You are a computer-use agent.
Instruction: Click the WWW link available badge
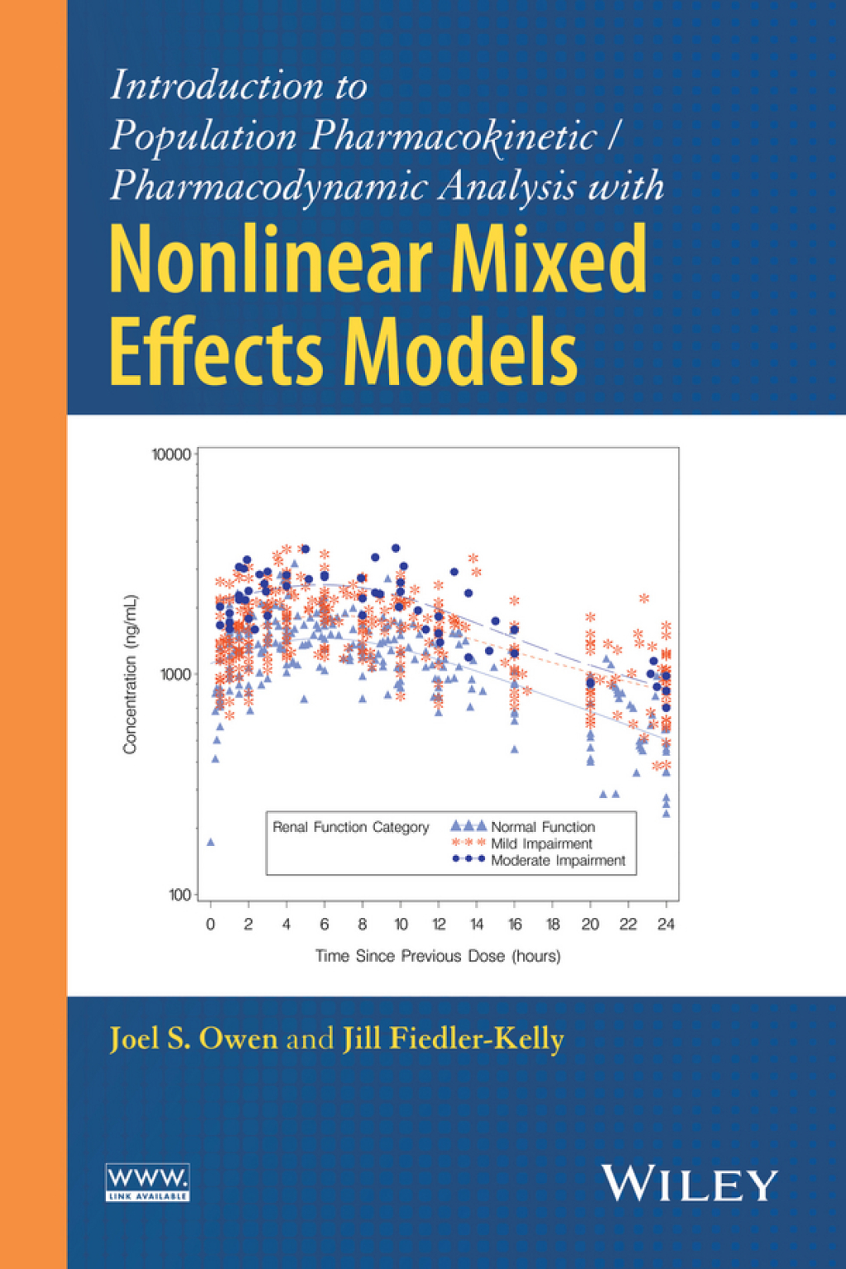click(148, 1182)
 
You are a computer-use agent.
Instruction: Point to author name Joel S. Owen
click(193, 1038)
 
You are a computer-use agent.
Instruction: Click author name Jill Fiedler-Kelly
click(454, 1038)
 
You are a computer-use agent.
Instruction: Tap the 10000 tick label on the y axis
click(171, 454)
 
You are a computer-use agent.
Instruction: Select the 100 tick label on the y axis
click(178, 895)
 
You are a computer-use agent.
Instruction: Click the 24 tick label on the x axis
click(666, 924)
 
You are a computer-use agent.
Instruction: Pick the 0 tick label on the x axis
click(211, 924)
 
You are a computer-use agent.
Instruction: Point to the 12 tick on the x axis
click(439, 924)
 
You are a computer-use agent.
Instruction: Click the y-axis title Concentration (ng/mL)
click(130, 674)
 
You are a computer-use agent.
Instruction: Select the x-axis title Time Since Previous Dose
click(438, 956)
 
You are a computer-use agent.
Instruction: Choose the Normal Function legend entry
click(542, 827)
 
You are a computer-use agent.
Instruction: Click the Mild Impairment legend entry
click(541, 844)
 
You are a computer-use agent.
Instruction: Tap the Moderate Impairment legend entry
click(558, 860)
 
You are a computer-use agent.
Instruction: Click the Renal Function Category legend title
click(351, 827)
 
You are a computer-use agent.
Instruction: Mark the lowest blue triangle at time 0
click(211, 842)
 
